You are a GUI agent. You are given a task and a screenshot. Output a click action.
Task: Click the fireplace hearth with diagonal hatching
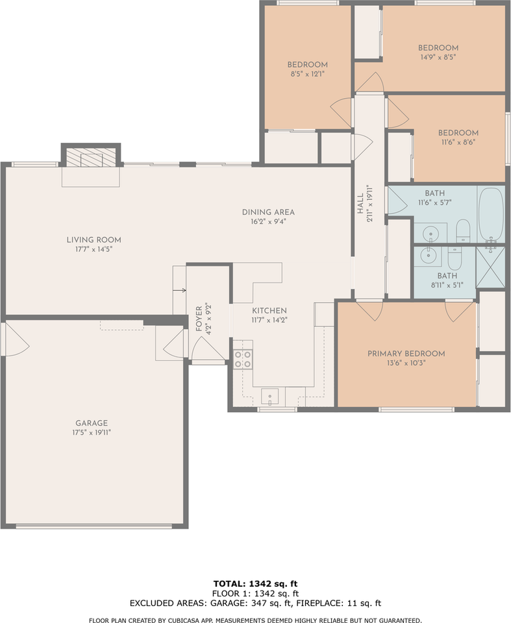point(91,157)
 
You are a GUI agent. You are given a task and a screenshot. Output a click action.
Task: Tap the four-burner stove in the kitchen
point(243,359)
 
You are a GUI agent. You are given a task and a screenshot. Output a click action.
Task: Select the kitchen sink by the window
point(270,397)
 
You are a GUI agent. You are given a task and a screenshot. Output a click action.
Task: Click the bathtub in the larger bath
point(491,214)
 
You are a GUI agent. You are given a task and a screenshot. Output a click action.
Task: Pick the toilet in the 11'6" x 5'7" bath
point(463,230)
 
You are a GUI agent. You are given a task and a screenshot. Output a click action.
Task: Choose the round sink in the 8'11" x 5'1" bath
point(429,256)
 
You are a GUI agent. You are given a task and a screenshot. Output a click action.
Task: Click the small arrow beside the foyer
point(181,290)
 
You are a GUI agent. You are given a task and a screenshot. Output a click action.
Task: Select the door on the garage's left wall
point(14,339)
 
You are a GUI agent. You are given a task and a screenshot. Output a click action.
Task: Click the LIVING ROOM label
point(93,240)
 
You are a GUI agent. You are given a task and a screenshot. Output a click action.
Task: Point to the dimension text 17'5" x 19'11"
point(91,432)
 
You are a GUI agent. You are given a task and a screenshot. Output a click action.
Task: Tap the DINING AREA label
point(268,212)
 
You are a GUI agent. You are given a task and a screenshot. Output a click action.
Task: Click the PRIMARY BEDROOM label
point(406,354)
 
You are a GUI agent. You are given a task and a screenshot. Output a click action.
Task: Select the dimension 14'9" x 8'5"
point(438,57)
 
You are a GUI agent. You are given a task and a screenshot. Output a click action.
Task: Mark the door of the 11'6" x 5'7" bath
point(393,201)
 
